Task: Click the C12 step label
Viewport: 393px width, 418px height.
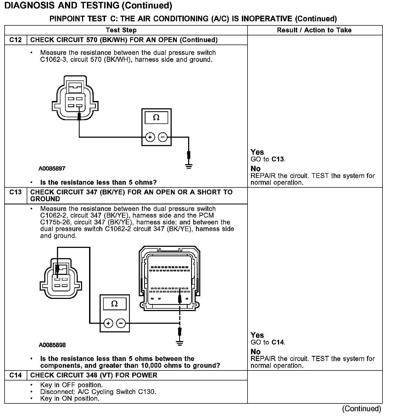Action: point(15,40)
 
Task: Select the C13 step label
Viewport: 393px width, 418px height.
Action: point(15,192)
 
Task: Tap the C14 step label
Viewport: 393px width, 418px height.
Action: point(15,375)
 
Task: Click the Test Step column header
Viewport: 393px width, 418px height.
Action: point(121,30)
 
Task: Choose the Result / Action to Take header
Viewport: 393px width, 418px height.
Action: point(314,30)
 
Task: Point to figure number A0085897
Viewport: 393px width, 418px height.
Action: point(52,168)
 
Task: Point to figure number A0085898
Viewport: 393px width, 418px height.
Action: point(52,345)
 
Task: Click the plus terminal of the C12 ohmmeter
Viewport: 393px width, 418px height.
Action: point(150,137)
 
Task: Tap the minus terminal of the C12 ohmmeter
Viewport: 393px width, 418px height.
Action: point(162,137)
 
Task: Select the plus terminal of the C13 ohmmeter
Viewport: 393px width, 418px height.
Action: point(108,323)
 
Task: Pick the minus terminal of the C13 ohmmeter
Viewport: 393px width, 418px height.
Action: point(121,323)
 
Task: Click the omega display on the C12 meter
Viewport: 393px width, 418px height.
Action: point(156,118)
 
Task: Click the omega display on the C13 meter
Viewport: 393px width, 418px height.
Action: point(114,304)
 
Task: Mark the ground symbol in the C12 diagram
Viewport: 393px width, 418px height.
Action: point(189,166)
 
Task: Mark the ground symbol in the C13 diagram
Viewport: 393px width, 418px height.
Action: point(179,343)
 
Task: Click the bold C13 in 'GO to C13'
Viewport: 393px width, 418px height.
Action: point(278,159)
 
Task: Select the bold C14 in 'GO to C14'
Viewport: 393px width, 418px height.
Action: point(278,342)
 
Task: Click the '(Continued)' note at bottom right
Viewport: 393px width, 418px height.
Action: point(362,409)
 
